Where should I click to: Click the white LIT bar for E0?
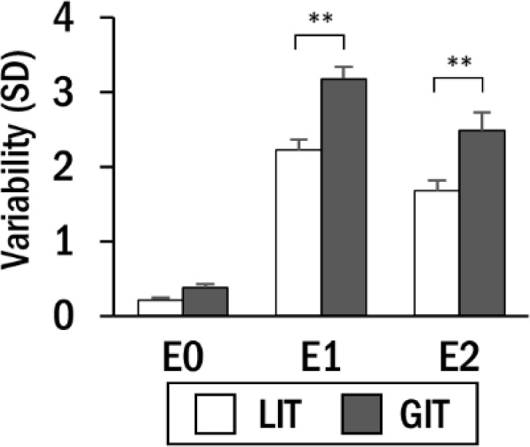tap(160, 308)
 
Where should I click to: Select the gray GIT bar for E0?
tap(205, 301)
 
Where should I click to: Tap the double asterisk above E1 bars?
tap(321, 19)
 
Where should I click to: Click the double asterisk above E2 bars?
tap(459, 61)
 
